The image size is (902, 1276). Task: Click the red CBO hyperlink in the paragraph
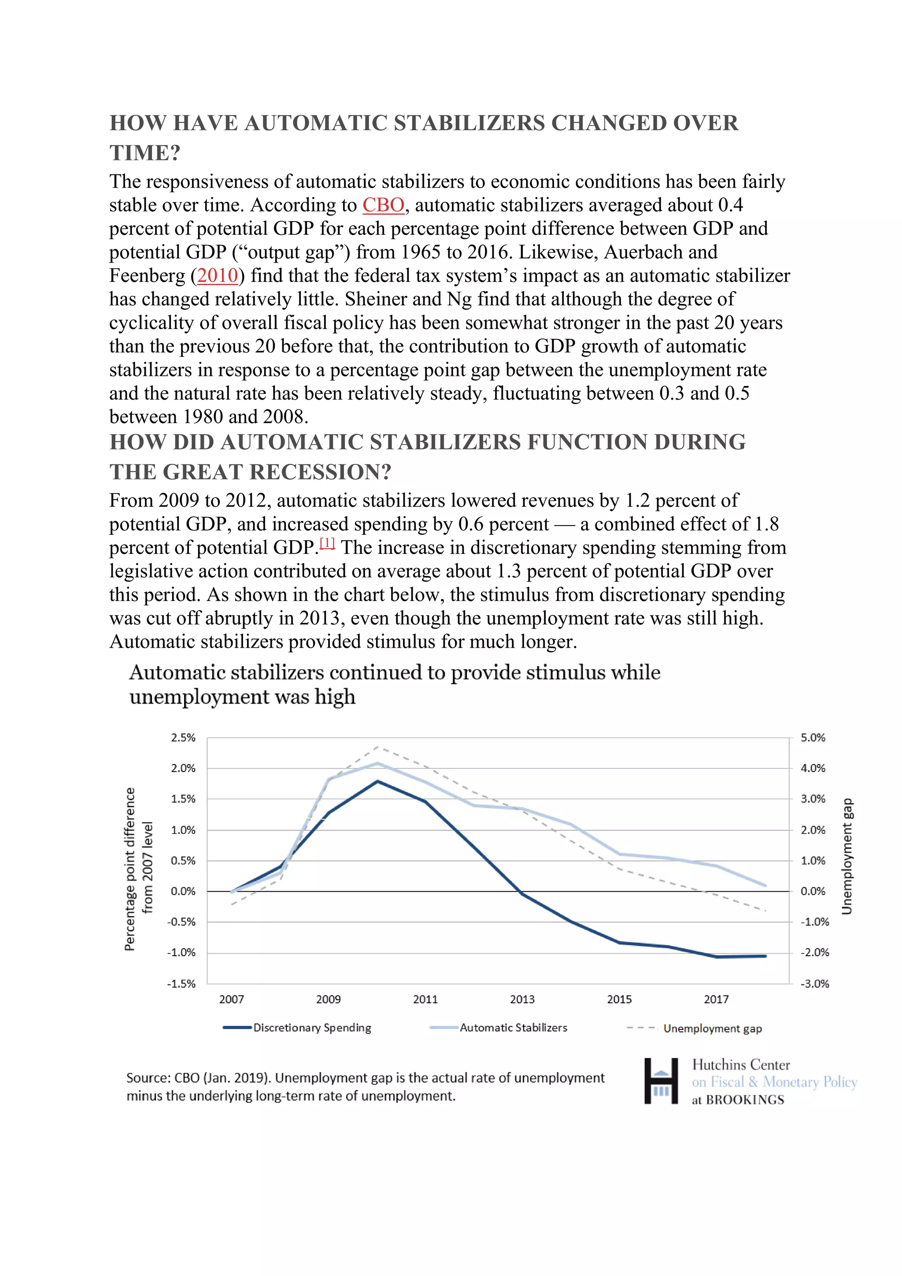383,205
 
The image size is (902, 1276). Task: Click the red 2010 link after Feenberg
217,276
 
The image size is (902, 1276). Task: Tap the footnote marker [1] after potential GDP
328,544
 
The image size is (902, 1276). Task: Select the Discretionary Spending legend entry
311,1027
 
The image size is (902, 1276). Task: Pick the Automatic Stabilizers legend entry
513,1027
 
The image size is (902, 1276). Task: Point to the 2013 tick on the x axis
522,999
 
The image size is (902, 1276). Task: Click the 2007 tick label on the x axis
232,999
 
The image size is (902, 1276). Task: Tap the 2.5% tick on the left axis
183,738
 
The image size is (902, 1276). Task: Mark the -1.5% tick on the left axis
181,984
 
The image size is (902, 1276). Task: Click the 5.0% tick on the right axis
813,738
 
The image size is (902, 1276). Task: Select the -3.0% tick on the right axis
814,984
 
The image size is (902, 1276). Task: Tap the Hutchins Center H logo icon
661,1080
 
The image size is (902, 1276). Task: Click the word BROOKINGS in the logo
745,1100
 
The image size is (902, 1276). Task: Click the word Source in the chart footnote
147,1078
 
